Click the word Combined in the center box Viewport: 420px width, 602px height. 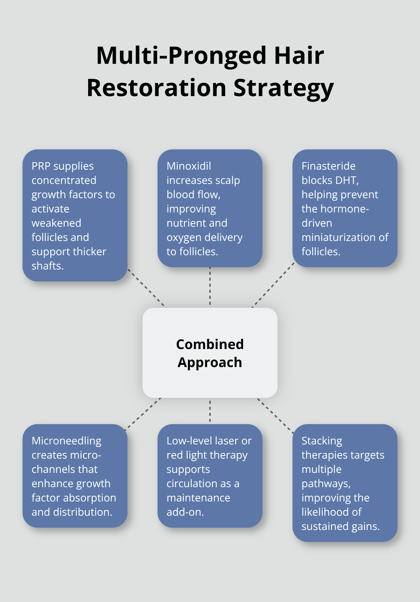pos(210,344)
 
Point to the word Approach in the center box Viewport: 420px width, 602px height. pos(210,363)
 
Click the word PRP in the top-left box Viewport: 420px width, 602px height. pos(41,166)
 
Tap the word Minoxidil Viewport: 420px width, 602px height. pos(189,166)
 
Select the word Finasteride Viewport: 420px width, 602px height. pos(328,166)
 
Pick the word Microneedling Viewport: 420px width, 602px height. pos(66,441)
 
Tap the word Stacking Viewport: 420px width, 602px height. pos(322,441)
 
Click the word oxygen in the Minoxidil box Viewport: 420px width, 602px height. pos(183,238)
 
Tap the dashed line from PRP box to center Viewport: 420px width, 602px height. pos(147,288)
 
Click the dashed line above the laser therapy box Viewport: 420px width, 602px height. pos(210,411)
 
